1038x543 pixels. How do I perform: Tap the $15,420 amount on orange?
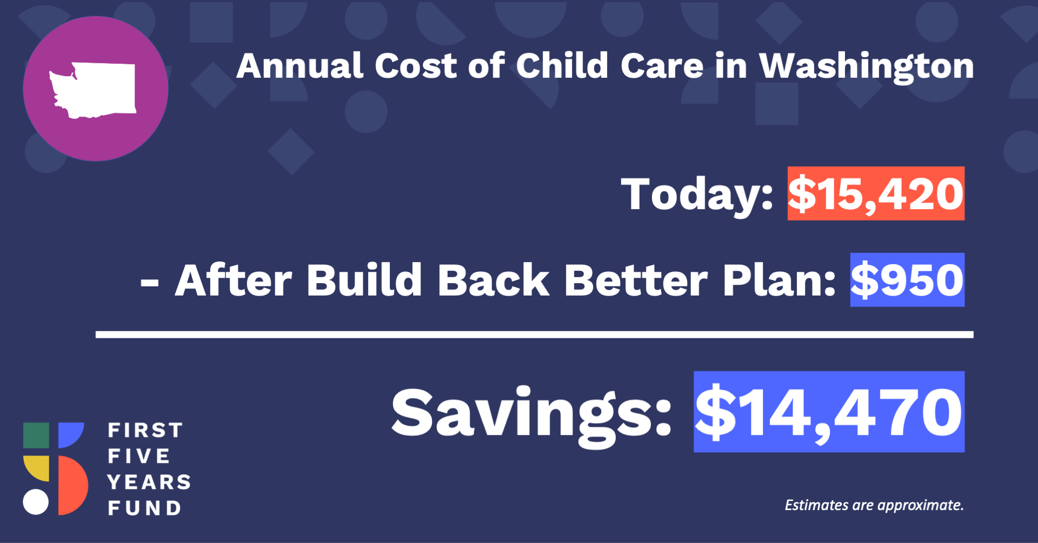(876, 193)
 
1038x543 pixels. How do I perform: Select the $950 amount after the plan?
(907, 280)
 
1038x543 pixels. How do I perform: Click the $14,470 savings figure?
(829, 412)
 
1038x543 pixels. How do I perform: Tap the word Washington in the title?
(867, 67)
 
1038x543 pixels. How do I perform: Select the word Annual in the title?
(300, 66)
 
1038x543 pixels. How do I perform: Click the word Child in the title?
(562, 65)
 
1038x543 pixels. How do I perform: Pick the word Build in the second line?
(364, 280)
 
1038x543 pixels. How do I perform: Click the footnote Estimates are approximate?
(874, 505)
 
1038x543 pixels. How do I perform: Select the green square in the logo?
(36, 435)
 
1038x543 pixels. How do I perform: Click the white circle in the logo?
(36, 502)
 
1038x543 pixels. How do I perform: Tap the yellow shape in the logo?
(36, 468)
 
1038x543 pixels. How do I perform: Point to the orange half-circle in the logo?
(72, 485)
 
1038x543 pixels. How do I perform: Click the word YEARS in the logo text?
(149, 482)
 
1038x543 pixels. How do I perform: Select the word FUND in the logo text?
(144, 508)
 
